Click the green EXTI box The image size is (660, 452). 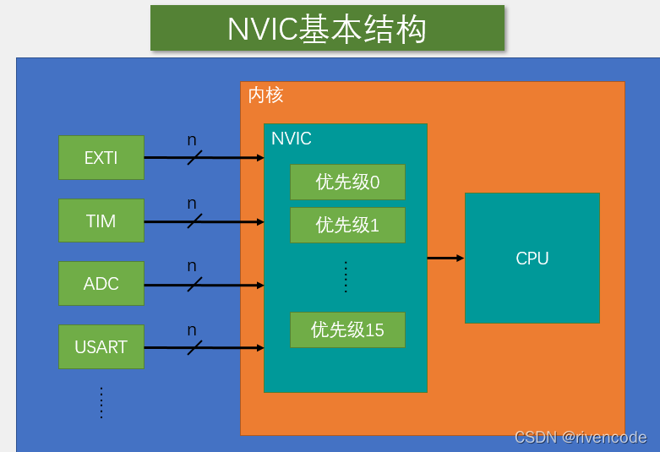pos(101,157)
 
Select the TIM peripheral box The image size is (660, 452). pos(101,221)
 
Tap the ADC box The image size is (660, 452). pos(101,284)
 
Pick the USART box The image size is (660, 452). pos(101,347)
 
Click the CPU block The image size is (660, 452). pos(532,259)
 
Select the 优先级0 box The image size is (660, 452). pos(347,182)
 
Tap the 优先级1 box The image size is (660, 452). pos(347,225)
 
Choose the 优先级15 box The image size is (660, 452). pos(347,329)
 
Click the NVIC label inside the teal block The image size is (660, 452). pos(292,139)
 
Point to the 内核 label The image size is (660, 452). pos(265,95)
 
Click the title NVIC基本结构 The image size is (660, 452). pos(327,29)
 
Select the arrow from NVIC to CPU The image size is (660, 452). pos(445,258)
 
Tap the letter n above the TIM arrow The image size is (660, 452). pos(192,204)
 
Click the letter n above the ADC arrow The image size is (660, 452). pos(192,266)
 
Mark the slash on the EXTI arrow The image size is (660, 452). pos(194,157)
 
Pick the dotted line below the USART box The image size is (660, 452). pos(101,402)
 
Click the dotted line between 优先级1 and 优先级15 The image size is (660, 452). pos(346,276)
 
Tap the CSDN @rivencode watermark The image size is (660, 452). pos(580,438)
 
